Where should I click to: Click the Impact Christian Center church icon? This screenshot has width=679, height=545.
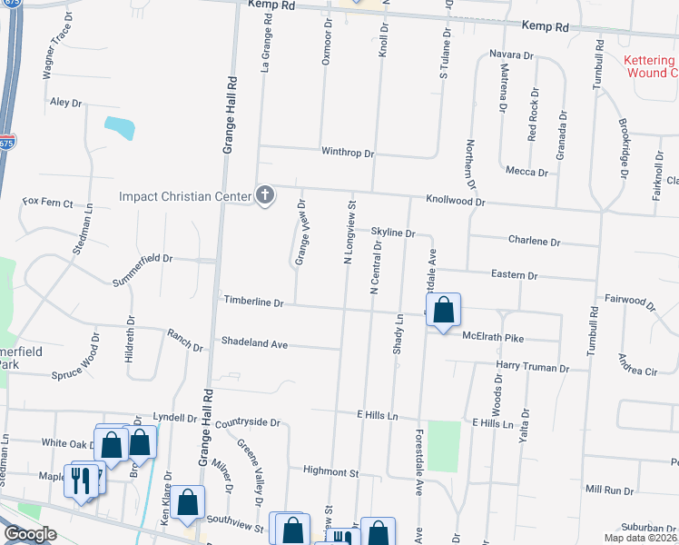click(x=265, y=195)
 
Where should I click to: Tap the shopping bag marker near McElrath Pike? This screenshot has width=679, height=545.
click(x=442, y=311)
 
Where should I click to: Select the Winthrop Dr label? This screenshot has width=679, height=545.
click(x=348, y=154)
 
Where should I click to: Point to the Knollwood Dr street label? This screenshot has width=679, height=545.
click(x=456, y=201)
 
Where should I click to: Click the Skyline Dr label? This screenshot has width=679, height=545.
click(x=392, y=233)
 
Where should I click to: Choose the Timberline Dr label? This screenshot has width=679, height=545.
click(x=255, y=301)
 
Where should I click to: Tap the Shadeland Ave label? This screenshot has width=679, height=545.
click(x=254, y=344)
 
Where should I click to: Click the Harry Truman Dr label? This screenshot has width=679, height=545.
click(x=532, y=368)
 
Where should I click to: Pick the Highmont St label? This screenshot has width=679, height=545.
click(x=331, y=472)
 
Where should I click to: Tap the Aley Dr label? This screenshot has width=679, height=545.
click(x=66, y=103)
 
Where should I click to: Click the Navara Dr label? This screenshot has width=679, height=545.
click(x=511, y=55)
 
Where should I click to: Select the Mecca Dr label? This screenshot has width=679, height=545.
click(x=526, y=172)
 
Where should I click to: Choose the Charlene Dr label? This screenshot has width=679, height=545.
click(x=535, y=243)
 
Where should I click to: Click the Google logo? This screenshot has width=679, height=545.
click(x=31, y=534)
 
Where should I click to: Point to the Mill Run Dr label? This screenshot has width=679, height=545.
click(x=609, y=490)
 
